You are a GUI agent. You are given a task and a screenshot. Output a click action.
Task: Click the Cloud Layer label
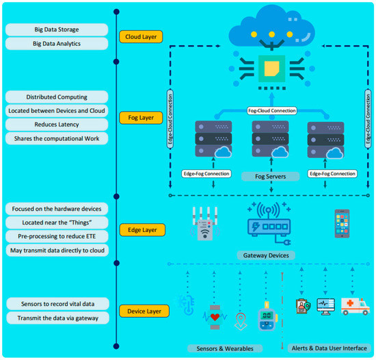[141, 37]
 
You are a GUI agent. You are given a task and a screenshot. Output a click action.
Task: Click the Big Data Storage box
[56, 29]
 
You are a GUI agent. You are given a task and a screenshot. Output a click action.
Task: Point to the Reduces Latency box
[56, 125]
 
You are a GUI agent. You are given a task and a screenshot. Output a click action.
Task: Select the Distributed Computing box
[56, 97]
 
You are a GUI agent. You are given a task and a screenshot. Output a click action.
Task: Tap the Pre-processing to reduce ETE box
[56, 236]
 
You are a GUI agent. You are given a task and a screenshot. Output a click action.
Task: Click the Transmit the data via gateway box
[56, 318]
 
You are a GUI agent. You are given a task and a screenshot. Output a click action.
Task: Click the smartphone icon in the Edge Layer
[342, 223]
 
